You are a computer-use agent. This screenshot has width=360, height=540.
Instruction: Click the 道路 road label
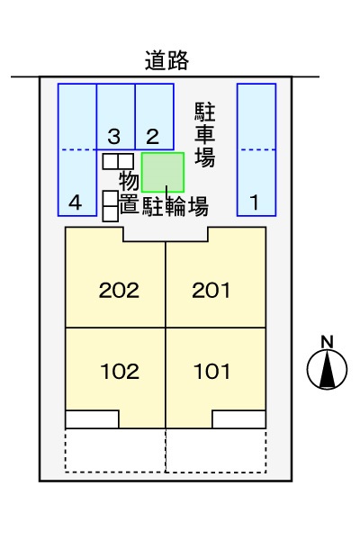(166, 60)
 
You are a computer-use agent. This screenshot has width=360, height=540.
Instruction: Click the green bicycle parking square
(163, 172)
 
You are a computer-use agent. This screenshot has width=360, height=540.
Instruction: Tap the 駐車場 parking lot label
(205, 135)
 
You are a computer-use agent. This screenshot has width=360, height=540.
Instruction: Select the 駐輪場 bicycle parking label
(175, 206)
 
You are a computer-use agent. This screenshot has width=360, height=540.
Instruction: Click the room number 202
(119, 291)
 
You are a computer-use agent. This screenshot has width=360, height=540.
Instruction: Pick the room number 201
(211, 291)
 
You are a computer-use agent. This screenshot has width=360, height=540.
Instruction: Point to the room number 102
(120, 372)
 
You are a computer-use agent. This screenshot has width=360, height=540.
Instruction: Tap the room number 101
(211, 372)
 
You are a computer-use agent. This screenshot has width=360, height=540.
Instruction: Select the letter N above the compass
(328, 342)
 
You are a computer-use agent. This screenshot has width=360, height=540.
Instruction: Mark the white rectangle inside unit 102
(92, 419)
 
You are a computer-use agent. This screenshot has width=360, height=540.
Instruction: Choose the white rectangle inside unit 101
(238, 419)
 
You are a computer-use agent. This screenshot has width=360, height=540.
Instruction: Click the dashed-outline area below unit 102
(115, 451)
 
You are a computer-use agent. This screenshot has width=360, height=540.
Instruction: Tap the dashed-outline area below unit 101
(216, 451)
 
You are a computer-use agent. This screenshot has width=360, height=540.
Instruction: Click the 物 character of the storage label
(130, 181)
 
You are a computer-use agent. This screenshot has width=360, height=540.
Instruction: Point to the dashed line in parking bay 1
(256, 149)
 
